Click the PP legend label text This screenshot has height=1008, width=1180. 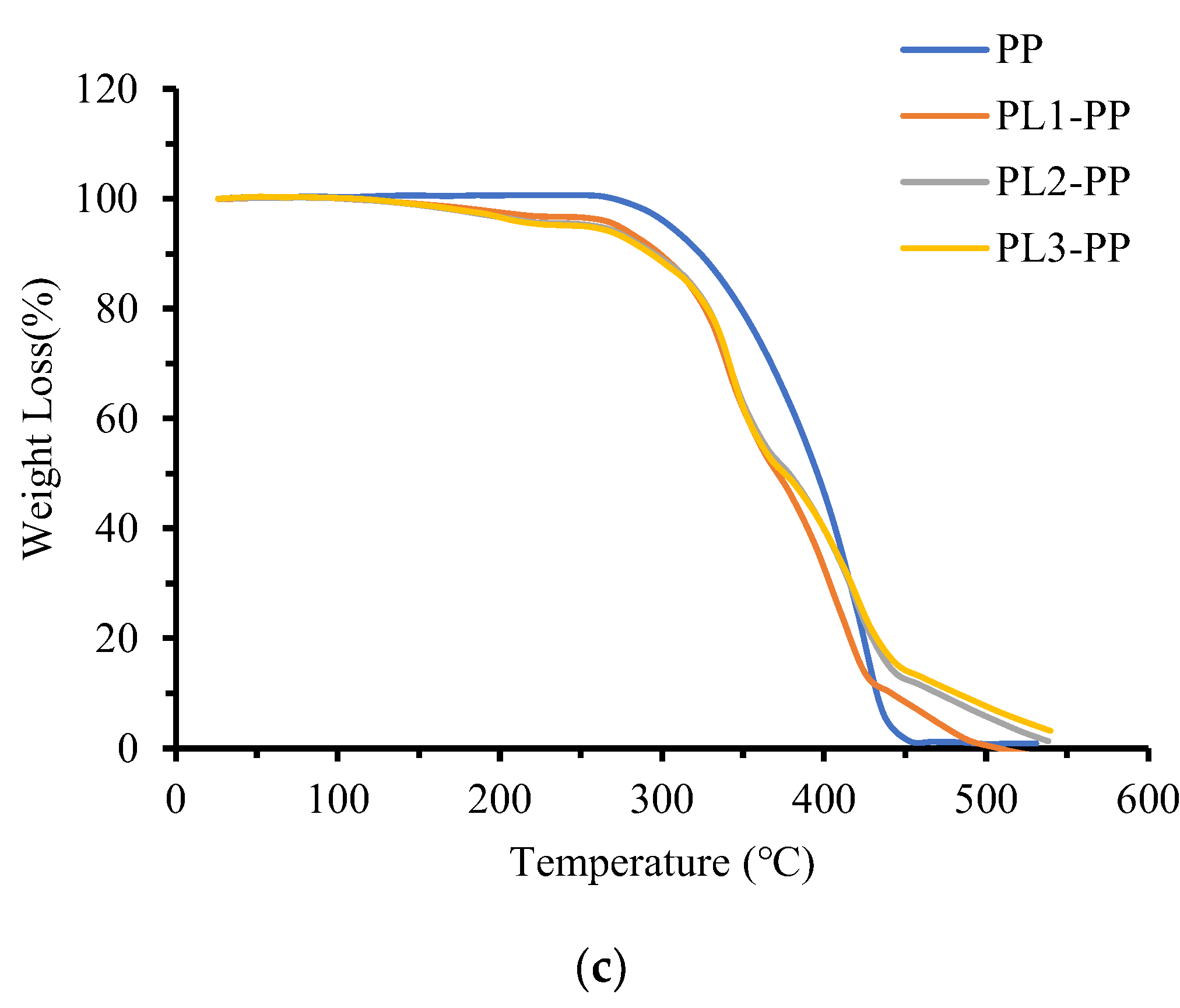tap(1019, 50)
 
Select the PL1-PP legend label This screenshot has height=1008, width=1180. tap(1063, 116)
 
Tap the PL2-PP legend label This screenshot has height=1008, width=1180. tap(1063, 182)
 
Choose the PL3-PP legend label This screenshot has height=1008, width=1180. tap(1063, 248)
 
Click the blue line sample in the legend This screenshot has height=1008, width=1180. tap(944, 50)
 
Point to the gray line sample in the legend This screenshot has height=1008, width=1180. tap(944, 182)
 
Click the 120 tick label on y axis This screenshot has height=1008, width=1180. tap(107, 90)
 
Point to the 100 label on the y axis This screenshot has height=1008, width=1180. tap(107, 199)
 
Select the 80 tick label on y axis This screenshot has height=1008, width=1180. tap(117, 309)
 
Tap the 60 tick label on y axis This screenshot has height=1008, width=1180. tap(117, 419)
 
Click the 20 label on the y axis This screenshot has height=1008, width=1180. tap(117, 639)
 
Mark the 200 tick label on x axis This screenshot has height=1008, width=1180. tap(500, 799)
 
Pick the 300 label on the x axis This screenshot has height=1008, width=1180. tap(662, 799)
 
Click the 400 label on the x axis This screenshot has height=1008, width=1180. tap(823, 799)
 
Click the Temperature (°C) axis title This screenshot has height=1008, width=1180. tap(662, 863)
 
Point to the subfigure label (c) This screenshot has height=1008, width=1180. tap(600, 968)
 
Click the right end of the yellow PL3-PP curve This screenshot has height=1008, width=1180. tap(1051, 730)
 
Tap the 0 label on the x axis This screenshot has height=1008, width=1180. tap(175, 799)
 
